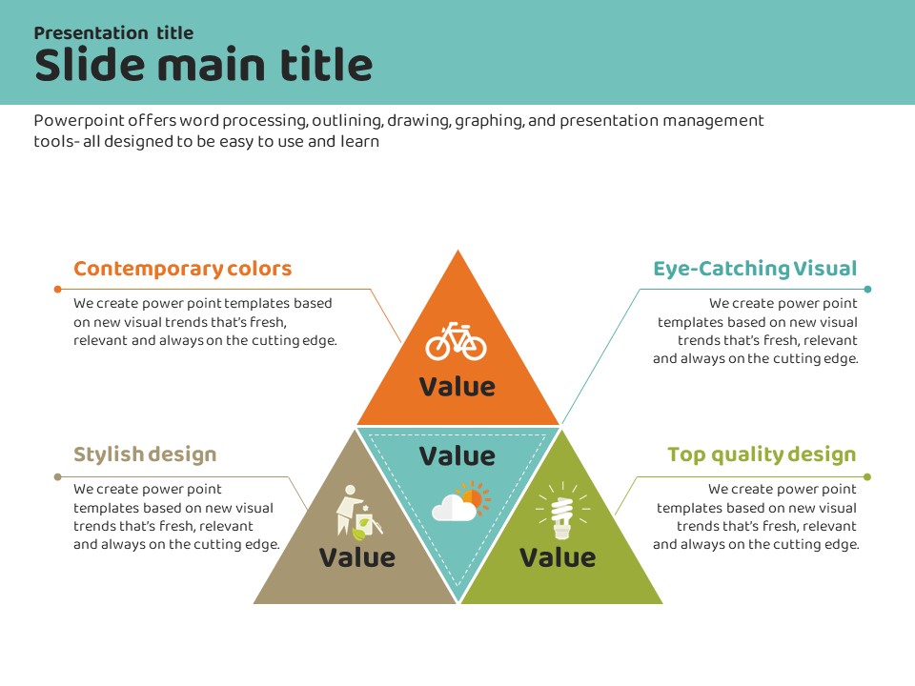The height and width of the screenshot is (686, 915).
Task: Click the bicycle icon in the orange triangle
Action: [456, 341]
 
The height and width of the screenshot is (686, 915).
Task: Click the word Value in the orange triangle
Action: [457, 387]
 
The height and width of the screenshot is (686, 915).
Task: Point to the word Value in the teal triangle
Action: [457, 456]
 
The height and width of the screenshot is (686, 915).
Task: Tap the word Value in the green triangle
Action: [558, 557]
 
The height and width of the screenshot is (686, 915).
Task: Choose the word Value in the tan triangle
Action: [356, 557]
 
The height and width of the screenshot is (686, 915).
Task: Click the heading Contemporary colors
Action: [182, 269]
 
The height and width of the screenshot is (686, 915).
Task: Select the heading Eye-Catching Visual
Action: [755, 269]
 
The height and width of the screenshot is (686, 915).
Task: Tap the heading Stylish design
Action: [145, 454]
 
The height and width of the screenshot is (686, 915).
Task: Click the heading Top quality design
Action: [762, 454]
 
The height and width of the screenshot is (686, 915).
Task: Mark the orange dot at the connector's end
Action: [57, 289]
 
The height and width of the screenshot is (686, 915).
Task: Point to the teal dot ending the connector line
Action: [867, 289]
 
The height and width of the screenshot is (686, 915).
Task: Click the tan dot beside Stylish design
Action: [57, 476]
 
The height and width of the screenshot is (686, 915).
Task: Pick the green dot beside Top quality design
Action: [867, 476]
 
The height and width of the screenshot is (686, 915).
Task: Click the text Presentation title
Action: [113, 33]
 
